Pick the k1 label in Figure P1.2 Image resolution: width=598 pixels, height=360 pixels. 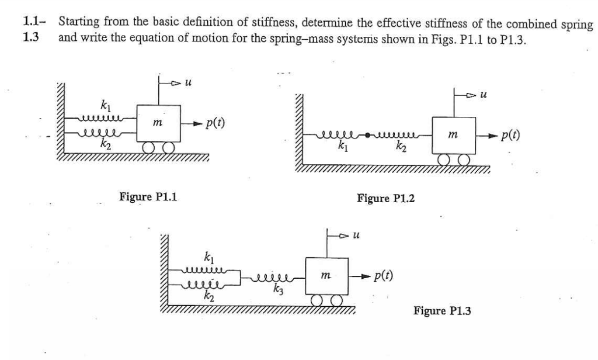click(344, 147)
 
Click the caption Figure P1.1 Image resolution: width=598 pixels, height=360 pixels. click(148, 196)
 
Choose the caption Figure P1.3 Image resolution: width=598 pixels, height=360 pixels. click(442, 311)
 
